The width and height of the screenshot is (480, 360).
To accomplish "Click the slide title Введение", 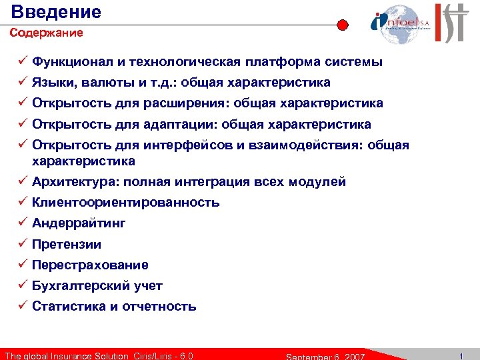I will [57, 11].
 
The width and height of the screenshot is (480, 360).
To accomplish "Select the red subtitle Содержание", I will [46, 33].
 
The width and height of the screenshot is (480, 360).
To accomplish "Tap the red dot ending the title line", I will [342, 25].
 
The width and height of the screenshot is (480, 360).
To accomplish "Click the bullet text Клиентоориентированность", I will [126, 203].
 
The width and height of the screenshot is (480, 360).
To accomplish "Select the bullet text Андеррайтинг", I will [79, 223].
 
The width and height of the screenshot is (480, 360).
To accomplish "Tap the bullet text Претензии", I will [67, 245].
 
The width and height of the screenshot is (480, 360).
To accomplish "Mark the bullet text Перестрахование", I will [90, 265].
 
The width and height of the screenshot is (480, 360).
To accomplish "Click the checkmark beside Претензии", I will [22, 244].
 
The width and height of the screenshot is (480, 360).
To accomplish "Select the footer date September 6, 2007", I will [325, 355].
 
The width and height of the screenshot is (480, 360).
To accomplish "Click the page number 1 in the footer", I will [461, 355].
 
